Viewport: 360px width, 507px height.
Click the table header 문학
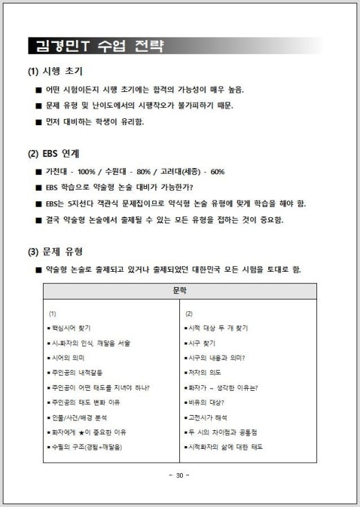(179, 291)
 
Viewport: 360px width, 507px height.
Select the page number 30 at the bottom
(179, 475)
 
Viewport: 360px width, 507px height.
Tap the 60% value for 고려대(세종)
(217, 172)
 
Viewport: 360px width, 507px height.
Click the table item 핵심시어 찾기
(71, 328)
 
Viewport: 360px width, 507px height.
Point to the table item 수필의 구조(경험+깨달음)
(87, 448)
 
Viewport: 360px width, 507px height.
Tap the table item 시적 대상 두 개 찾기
(217, 328)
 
